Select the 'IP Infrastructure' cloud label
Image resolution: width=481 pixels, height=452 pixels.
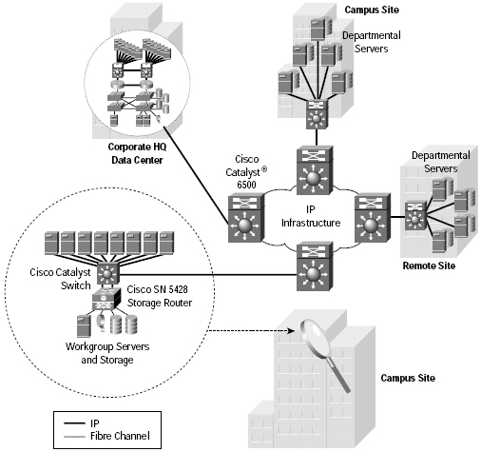[x=311, y=216]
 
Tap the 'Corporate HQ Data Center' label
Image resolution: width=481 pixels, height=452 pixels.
[x=137, y=153]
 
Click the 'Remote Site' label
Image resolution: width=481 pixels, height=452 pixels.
[x=429, y=265]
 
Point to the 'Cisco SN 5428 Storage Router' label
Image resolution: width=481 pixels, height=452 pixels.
[x=159, y=296]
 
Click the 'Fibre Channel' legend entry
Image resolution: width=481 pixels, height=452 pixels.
[x=120, y=436]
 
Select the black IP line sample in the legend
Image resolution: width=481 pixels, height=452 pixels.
[x=74, y=423]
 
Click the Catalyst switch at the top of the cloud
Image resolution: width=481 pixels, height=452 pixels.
[x=315, y=170]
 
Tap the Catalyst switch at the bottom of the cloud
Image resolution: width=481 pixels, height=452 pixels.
[x=315, y=265]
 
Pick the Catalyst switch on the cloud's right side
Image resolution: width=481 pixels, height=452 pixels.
[x=373, y=218]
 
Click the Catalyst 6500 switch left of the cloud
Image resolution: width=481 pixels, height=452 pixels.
[x=246, y=218]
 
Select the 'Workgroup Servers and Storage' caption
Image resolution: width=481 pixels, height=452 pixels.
[x=107, y=353]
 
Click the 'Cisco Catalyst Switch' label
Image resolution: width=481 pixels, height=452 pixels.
[x=60, y=279]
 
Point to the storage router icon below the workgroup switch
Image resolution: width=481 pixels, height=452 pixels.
[x=106, y=299]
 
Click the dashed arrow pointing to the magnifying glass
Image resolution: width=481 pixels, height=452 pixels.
[x=250, y=331]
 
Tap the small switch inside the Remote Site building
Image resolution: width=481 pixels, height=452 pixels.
[x=415, y=216]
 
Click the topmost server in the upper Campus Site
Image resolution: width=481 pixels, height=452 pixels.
[x=321, y=29]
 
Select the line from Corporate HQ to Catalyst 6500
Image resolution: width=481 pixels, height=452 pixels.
[x=196, y=175]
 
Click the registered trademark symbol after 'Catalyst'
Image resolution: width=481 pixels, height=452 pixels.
[x=264, y=169]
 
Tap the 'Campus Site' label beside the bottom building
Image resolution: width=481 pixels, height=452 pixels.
[x=408, y=378]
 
